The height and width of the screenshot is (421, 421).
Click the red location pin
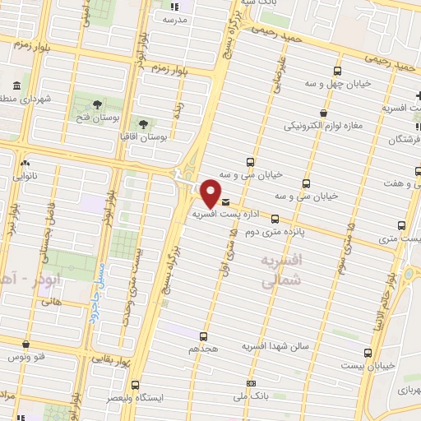(x=211, y=193)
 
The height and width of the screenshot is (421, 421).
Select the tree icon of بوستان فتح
(x=98, y=104)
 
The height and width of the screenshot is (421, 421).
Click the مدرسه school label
(x=181, y=18)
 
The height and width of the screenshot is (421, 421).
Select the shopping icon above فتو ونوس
(x=28, y=345)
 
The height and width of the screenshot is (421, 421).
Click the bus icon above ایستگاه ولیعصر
(x=134, y=384)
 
